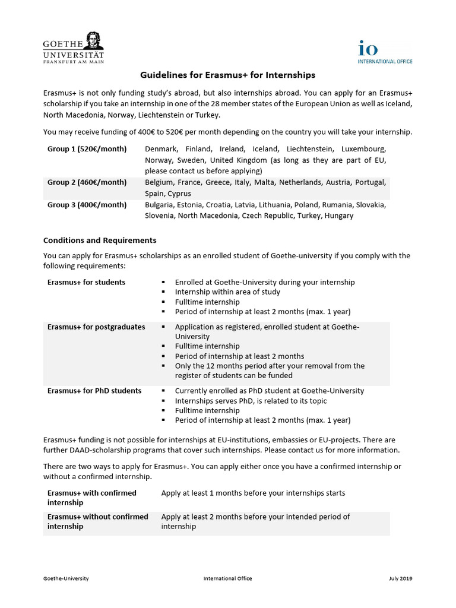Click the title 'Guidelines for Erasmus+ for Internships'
[227, 75]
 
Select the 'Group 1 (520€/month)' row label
[87, 148]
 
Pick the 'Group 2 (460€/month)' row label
[87, 182]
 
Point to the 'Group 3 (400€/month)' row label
[87, 205]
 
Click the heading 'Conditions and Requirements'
[100, 240]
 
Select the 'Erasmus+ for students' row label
[86, 282]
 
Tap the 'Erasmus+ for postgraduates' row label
[96, 327]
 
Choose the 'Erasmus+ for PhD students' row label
[94, 391]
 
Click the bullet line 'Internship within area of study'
[227, 292]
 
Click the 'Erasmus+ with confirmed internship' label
[91, 498]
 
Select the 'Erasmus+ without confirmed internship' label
[97, 521]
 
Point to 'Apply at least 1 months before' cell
[253, 493]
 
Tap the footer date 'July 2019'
[401, 578]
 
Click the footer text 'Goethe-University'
[66, 578]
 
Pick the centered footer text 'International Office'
[227, 578]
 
